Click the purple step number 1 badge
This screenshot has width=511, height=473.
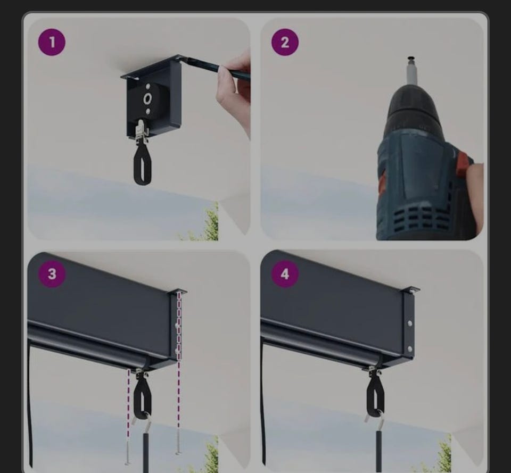tap(52, 43)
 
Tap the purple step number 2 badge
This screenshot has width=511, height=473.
tap(285, 43)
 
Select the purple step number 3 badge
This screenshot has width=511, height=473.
tap(52, 274)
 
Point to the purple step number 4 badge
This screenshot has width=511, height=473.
tap(285, 274)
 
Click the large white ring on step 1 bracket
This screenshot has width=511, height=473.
tap(147, 98)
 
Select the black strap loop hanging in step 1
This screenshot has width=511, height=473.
tap(143, 165)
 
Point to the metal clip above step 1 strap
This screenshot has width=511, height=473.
tap(142, 131)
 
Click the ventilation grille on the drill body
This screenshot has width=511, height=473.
tap(421, 218)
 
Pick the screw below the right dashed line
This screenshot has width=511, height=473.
tap(178, 440)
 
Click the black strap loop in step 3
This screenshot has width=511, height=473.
tap(143, 397)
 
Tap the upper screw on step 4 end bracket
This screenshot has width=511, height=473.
tap(410, 323)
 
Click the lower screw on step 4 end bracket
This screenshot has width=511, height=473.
tap(410, 349)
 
